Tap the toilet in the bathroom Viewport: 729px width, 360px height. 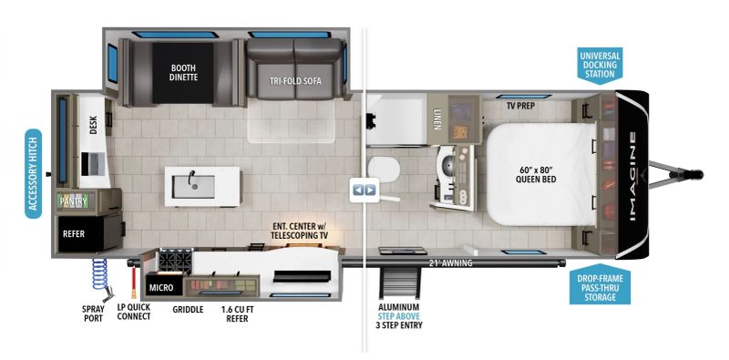(386, 170)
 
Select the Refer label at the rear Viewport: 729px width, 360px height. (74, 233)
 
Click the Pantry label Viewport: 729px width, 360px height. (73, 201)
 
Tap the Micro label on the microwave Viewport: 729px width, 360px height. (161, 288)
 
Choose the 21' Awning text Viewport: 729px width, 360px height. (452, 264)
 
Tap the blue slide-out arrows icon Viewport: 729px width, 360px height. (364, 190)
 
